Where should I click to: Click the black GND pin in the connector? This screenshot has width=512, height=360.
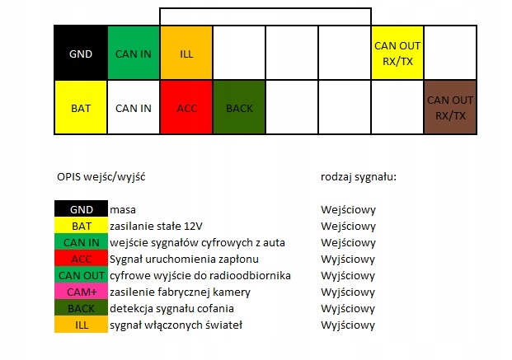coord(81,53)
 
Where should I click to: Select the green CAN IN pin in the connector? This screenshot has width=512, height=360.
coord(134,53)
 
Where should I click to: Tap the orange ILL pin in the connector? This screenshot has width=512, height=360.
coord(186,53)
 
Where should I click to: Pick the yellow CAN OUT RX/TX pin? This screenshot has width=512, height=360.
coord(397,53)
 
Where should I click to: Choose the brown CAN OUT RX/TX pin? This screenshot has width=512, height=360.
coord(450,107)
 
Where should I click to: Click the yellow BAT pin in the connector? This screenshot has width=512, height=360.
coord(81,107)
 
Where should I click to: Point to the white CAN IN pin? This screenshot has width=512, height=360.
coord(134,107)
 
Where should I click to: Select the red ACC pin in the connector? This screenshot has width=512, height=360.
coord(186,107)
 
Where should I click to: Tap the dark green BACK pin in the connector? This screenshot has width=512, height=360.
coord(239,107)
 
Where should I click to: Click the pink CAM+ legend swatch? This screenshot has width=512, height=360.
coord(81,292)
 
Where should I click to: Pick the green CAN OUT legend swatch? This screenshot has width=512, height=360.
coord(81,275)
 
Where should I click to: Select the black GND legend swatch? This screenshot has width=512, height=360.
coord(81,209)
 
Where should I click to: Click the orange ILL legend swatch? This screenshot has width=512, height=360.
coord(81,325)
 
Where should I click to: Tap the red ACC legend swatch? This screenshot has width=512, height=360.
coord(81,259)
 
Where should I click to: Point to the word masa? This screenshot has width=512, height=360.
coord(123,209)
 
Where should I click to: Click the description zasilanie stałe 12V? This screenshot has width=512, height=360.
coord(156,226)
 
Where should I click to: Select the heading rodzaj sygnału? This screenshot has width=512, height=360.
coord(359,176)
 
